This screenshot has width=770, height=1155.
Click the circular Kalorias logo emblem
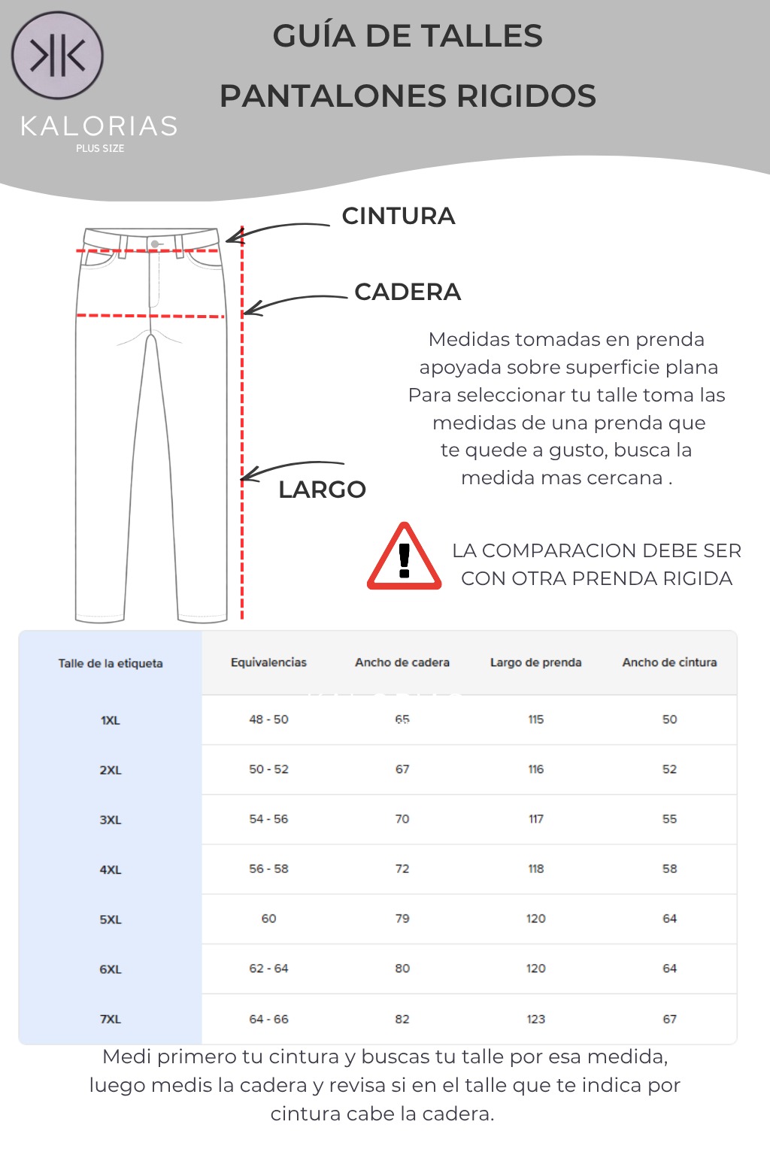coord(57,56)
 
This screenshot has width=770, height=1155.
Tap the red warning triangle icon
coord(404,557)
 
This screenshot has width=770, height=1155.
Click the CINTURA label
coord(399,217)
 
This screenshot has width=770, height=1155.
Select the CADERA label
coord(408,292)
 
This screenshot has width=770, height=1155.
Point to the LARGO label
coord(322,490)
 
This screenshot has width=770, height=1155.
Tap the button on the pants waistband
coord(155,244)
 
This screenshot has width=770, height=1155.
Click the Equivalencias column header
coord(268,662)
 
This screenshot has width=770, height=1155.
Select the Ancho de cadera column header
coord(402,662)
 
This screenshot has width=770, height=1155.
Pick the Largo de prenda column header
coord(535,662)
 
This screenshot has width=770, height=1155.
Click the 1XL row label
coord(111,720)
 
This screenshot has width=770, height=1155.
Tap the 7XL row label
coord(111,1019)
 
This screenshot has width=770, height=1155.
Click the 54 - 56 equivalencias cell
coord(268,819)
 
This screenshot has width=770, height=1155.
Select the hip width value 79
coord(402,918)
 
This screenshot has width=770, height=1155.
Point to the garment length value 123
coord(535,1019)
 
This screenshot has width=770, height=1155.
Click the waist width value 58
coord(669,869)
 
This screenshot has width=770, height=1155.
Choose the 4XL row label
coord(111,869)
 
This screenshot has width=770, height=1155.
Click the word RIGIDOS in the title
coord(526,96)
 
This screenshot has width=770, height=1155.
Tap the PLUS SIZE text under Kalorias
coord(100,148)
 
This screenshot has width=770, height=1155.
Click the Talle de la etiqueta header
coord(111,663)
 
